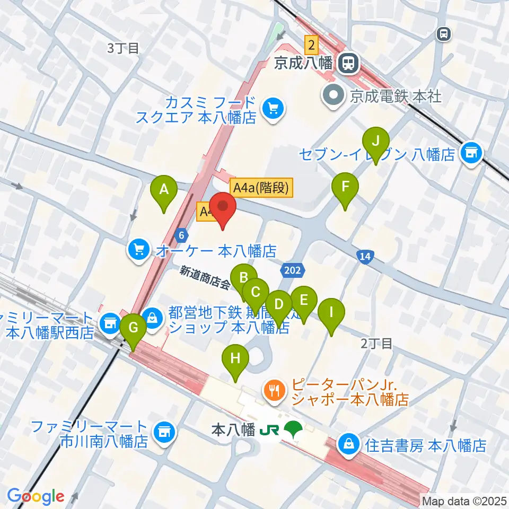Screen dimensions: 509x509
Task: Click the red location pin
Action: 222,208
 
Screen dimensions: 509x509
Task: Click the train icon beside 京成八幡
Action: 349,64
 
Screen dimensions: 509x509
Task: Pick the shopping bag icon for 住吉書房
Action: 349,444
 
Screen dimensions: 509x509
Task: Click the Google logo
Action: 36,496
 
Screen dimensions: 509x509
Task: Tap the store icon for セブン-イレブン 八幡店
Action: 470,154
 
